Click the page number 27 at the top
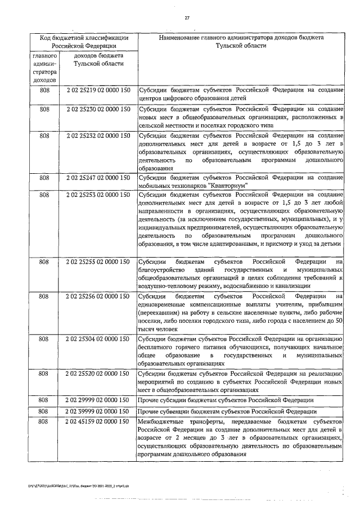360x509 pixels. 187,18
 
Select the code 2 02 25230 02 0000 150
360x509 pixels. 98,107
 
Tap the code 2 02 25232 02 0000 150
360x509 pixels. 98,135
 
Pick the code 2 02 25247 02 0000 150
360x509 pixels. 98,178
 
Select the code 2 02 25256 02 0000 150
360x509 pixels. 98,296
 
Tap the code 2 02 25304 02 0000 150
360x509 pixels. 98,339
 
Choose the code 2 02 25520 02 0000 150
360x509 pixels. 98,373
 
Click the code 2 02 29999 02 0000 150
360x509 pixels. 98,400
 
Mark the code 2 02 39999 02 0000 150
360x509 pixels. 98,411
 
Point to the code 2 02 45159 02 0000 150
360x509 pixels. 98,421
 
